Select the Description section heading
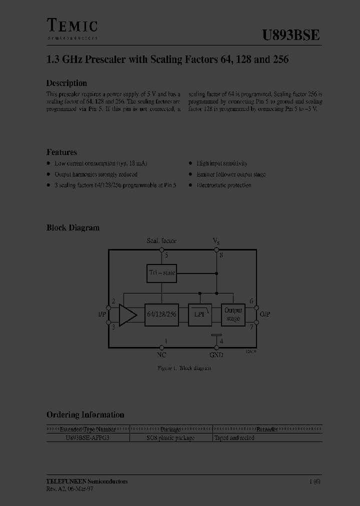(x=66, y=83)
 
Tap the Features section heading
(x=61, y=152)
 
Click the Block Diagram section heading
(x=73, y=227)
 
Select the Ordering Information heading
(x=85, y=414)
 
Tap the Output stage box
(x=233, y=314)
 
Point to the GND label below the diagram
(x=216, y=354)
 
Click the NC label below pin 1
(x=161, y=354)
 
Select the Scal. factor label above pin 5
(x=161, y=241)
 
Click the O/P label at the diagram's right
(x=265, y=314)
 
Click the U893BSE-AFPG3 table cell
(x=87, y=438)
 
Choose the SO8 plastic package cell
(x=170, y=438)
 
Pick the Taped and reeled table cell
(x=234, y=438)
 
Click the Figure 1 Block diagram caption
(x=184, y=368)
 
